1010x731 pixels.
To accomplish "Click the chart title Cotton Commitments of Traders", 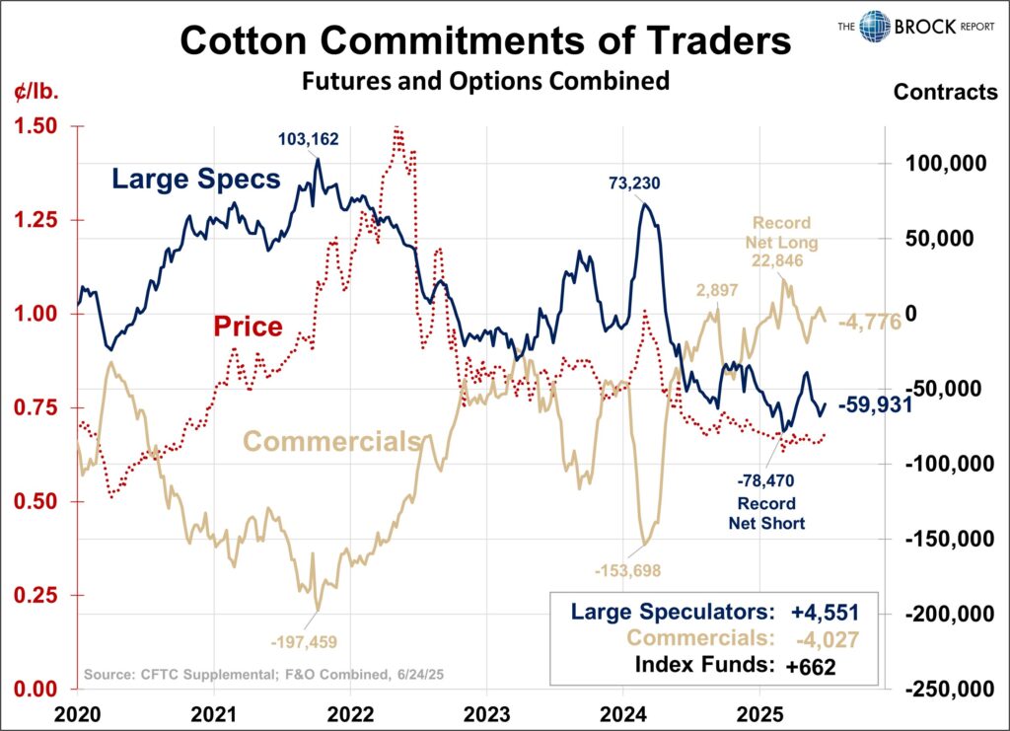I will pyautogui.click(x=485, y=41).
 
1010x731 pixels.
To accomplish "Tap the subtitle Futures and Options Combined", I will pyautogui.click(x=485, y=81).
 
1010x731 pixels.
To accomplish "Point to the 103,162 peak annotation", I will pyautogui.click(x=308, y=140).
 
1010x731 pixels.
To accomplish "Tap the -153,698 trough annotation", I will pyautogui.click(x=627, y=569).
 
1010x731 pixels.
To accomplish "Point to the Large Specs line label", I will pyautogui.click(x=196, y=180).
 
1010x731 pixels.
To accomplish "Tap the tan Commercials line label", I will pyautogui.click(x=331, y=441).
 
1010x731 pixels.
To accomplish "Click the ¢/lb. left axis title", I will pyautogui.click(x=36, y=94).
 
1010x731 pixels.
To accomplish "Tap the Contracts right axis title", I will pyautogui.click(x=945, y=93).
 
